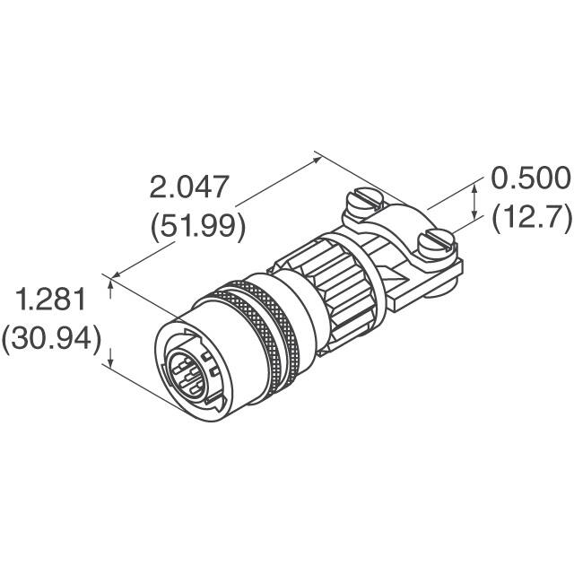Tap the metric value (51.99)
[x=196, y=225]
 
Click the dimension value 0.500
[x=530, y=178]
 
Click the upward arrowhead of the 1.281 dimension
[x=111, y=284]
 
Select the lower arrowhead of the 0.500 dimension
[x=474, y=218]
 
